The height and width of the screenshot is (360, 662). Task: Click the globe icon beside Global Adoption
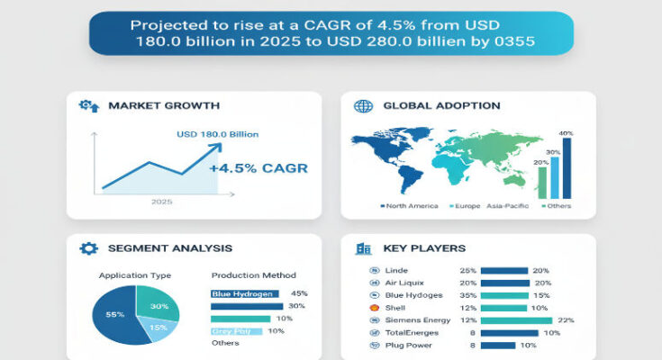point(364,106)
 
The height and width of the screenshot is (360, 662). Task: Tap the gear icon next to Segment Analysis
point(88,248)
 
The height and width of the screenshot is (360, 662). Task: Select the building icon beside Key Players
point(364,248)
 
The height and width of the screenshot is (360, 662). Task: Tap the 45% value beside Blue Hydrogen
point(300,293)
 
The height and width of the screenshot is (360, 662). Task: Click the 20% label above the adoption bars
point(541,162)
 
